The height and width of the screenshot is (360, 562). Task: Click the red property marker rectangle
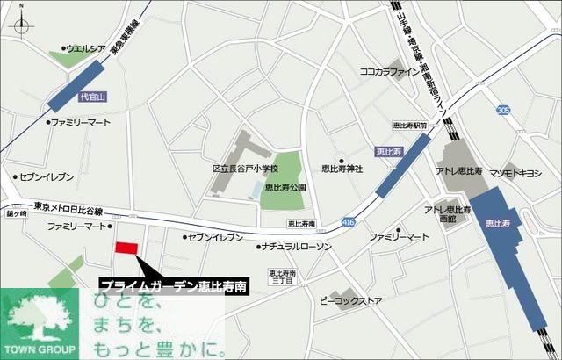pyautogui.click(x=126, y=248)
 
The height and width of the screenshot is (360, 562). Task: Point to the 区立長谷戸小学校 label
pyautogui.click(x=245, y=168)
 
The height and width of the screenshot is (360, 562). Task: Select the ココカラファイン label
pyautogui.click(x=391, y=71)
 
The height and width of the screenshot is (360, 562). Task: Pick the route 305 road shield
pyautogui.click(x=502, y=110)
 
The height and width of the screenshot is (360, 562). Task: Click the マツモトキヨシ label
pyautogui.click(x=516, y=173)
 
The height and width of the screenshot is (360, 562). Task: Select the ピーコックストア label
pyautogui.click(x=351, y=301)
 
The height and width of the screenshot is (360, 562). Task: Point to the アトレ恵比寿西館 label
pyautogui.click(x=446, y=213)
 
